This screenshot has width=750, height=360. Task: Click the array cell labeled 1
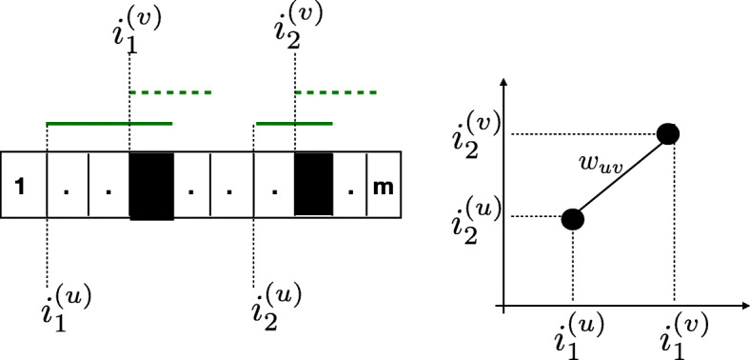[x=22, y=186]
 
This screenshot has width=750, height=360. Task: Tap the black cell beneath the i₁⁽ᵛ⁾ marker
[x=150, y=185]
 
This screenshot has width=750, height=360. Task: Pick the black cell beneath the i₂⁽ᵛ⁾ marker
[x=315, y=185]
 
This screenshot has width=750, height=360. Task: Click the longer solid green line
[x=109, y=123]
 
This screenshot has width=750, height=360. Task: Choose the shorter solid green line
[x=295, y=123]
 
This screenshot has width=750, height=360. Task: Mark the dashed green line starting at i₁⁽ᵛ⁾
[x=169, y=92]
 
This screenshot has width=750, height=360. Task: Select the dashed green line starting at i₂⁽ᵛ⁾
[x=337, y=92]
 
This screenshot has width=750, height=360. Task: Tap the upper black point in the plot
[x=668, y=134]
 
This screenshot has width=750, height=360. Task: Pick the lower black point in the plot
[x=572, y=219]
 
